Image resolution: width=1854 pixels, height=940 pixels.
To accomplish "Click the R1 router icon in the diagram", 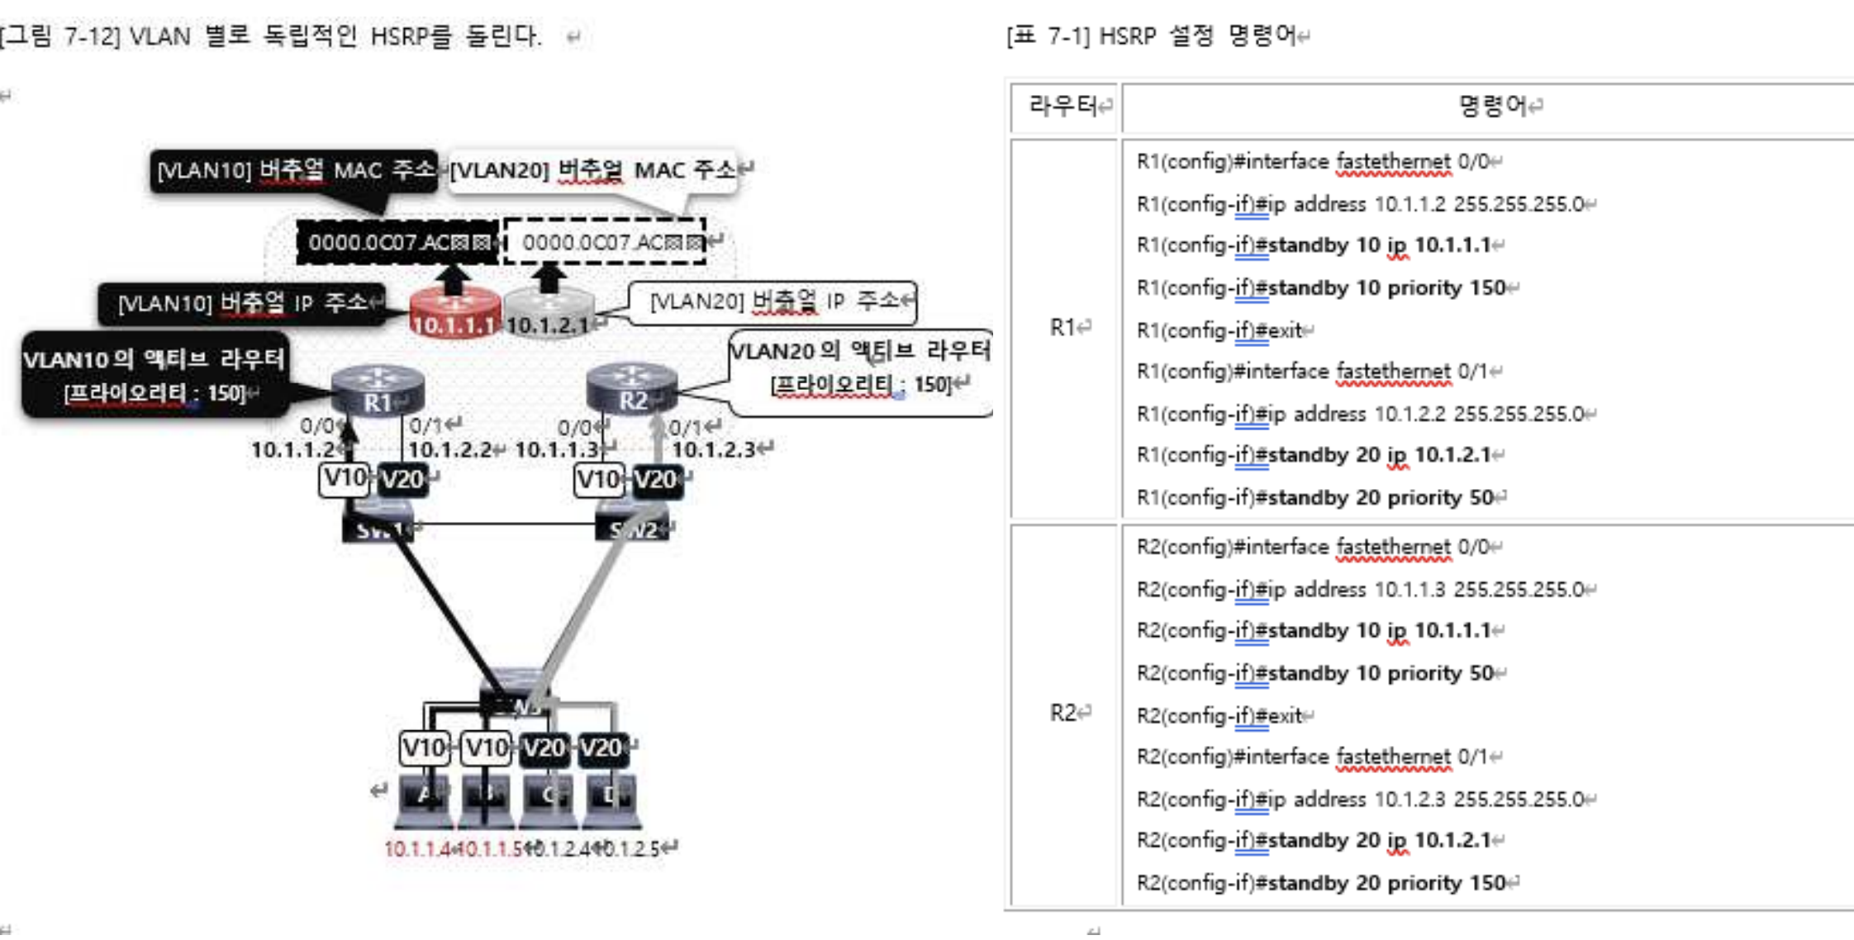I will click(x=378, y=390).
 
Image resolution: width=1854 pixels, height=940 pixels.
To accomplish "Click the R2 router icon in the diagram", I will click(x=632, y=388).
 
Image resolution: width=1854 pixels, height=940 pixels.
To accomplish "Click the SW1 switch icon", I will click(x=378, y=526).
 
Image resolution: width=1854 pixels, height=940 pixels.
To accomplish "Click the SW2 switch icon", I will click(x=633, y=526).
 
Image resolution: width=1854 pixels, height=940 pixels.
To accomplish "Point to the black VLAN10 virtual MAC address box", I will click(x=397, y=243).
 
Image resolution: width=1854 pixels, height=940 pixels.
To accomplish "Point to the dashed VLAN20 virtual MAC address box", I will click(x=606, y=242).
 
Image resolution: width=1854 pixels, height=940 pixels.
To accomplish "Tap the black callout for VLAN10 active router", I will click(x=154, y=374).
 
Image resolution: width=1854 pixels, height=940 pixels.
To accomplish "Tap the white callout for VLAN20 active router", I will click(x=860, y=368).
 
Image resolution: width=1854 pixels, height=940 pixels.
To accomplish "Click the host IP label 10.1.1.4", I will click(x=418, y=849).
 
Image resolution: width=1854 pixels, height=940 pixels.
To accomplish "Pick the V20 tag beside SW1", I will click(x=403, y=479).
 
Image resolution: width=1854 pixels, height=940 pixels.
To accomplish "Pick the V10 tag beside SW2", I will click(x=598, y=479).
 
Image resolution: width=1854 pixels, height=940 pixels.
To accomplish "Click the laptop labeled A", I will click(x=424, y=800).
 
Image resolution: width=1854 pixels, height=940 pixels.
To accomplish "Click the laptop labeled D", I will click(x=611, y=800).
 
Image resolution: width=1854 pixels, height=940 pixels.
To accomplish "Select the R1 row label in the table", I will click(x=1064, y=328).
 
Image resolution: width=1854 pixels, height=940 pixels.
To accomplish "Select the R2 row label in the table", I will click(x=1064, y=713).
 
